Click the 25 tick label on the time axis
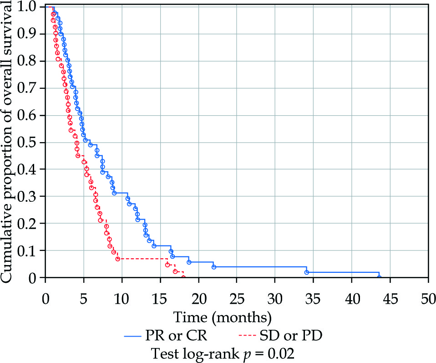237,300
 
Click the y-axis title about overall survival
10,141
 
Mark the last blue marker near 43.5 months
379,277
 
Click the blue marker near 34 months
307,272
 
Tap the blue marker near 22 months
214,267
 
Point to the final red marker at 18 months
183,277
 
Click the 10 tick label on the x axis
122,300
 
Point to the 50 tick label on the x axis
427,300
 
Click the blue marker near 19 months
189,262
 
